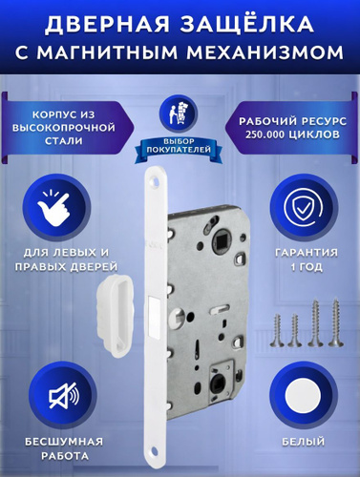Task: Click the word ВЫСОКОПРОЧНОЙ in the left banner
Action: (64, 128)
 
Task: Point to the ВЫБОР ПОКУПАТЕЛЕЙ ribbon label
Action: (179, 146)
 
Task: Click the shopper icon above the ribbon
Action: (179, 113)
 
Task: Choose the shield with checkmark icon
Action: (303, 207)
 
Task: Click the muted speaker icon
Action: (64, 395)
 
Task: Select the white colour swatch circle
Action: (303, 395)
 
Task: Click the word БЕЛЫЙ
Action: (304, 442)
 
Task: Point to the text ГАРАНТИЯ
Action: (307, 253)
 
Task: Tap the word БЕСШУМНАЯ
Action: (64, 442)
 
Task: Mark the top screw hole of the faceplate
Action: (156, 182)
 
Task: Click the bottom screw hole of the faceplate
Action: (155, 450)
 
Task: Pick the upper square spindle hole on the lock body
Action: (221, 237)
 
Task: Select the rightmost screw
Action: (335, 322)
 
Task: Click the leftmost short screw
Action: (277, 330)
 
